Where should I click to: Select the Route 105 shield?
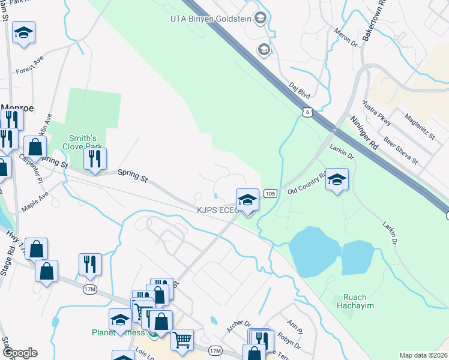270,193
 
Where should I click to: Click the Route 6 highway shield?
307,112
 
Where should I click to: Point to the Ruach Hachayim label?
360,302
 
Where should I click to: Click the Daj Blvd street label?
299,91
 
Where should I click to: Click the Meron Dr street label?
346,39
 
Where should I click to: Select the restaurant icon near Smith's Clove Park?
95,159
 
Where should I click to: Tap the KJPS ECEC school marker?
247,199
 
